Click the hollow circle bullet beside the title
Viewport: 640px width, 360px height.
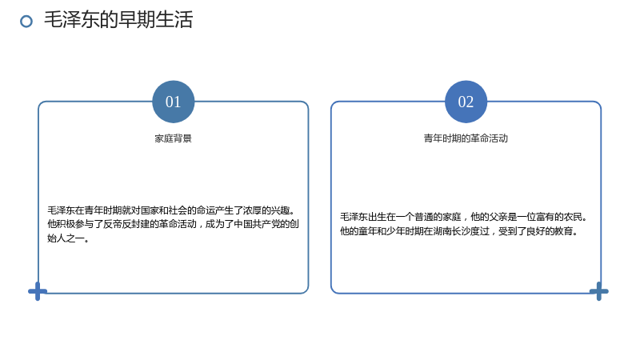point(26,22)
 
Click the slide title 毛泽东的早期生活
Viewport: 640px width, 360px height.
point(118,19)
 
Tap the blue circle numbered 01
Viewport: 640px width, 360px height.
point(173,102)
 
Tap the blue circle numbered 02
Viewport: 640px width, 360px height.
point(466,102)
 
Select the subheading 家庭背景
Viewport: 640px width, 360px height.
point(173,138)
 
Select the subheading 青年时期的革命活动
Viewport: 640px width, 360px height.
point(466,138)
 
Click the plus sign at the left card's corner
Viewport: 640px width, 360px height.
point(38,291)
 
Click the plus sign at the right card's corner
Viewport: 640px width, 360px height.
point(598,291)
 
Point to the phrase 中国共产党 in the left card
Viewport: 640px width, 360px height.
point(257,224)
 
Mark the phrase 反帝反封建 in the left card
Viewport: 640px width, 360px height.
point(126,224)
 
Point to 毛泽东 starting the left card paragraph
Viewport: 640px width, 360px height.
point(62,210)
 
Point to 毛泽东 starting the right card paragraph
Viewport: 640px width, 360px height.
point(354,217)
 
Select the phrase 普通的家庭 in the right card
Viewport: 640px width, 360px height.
point(438,217)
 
